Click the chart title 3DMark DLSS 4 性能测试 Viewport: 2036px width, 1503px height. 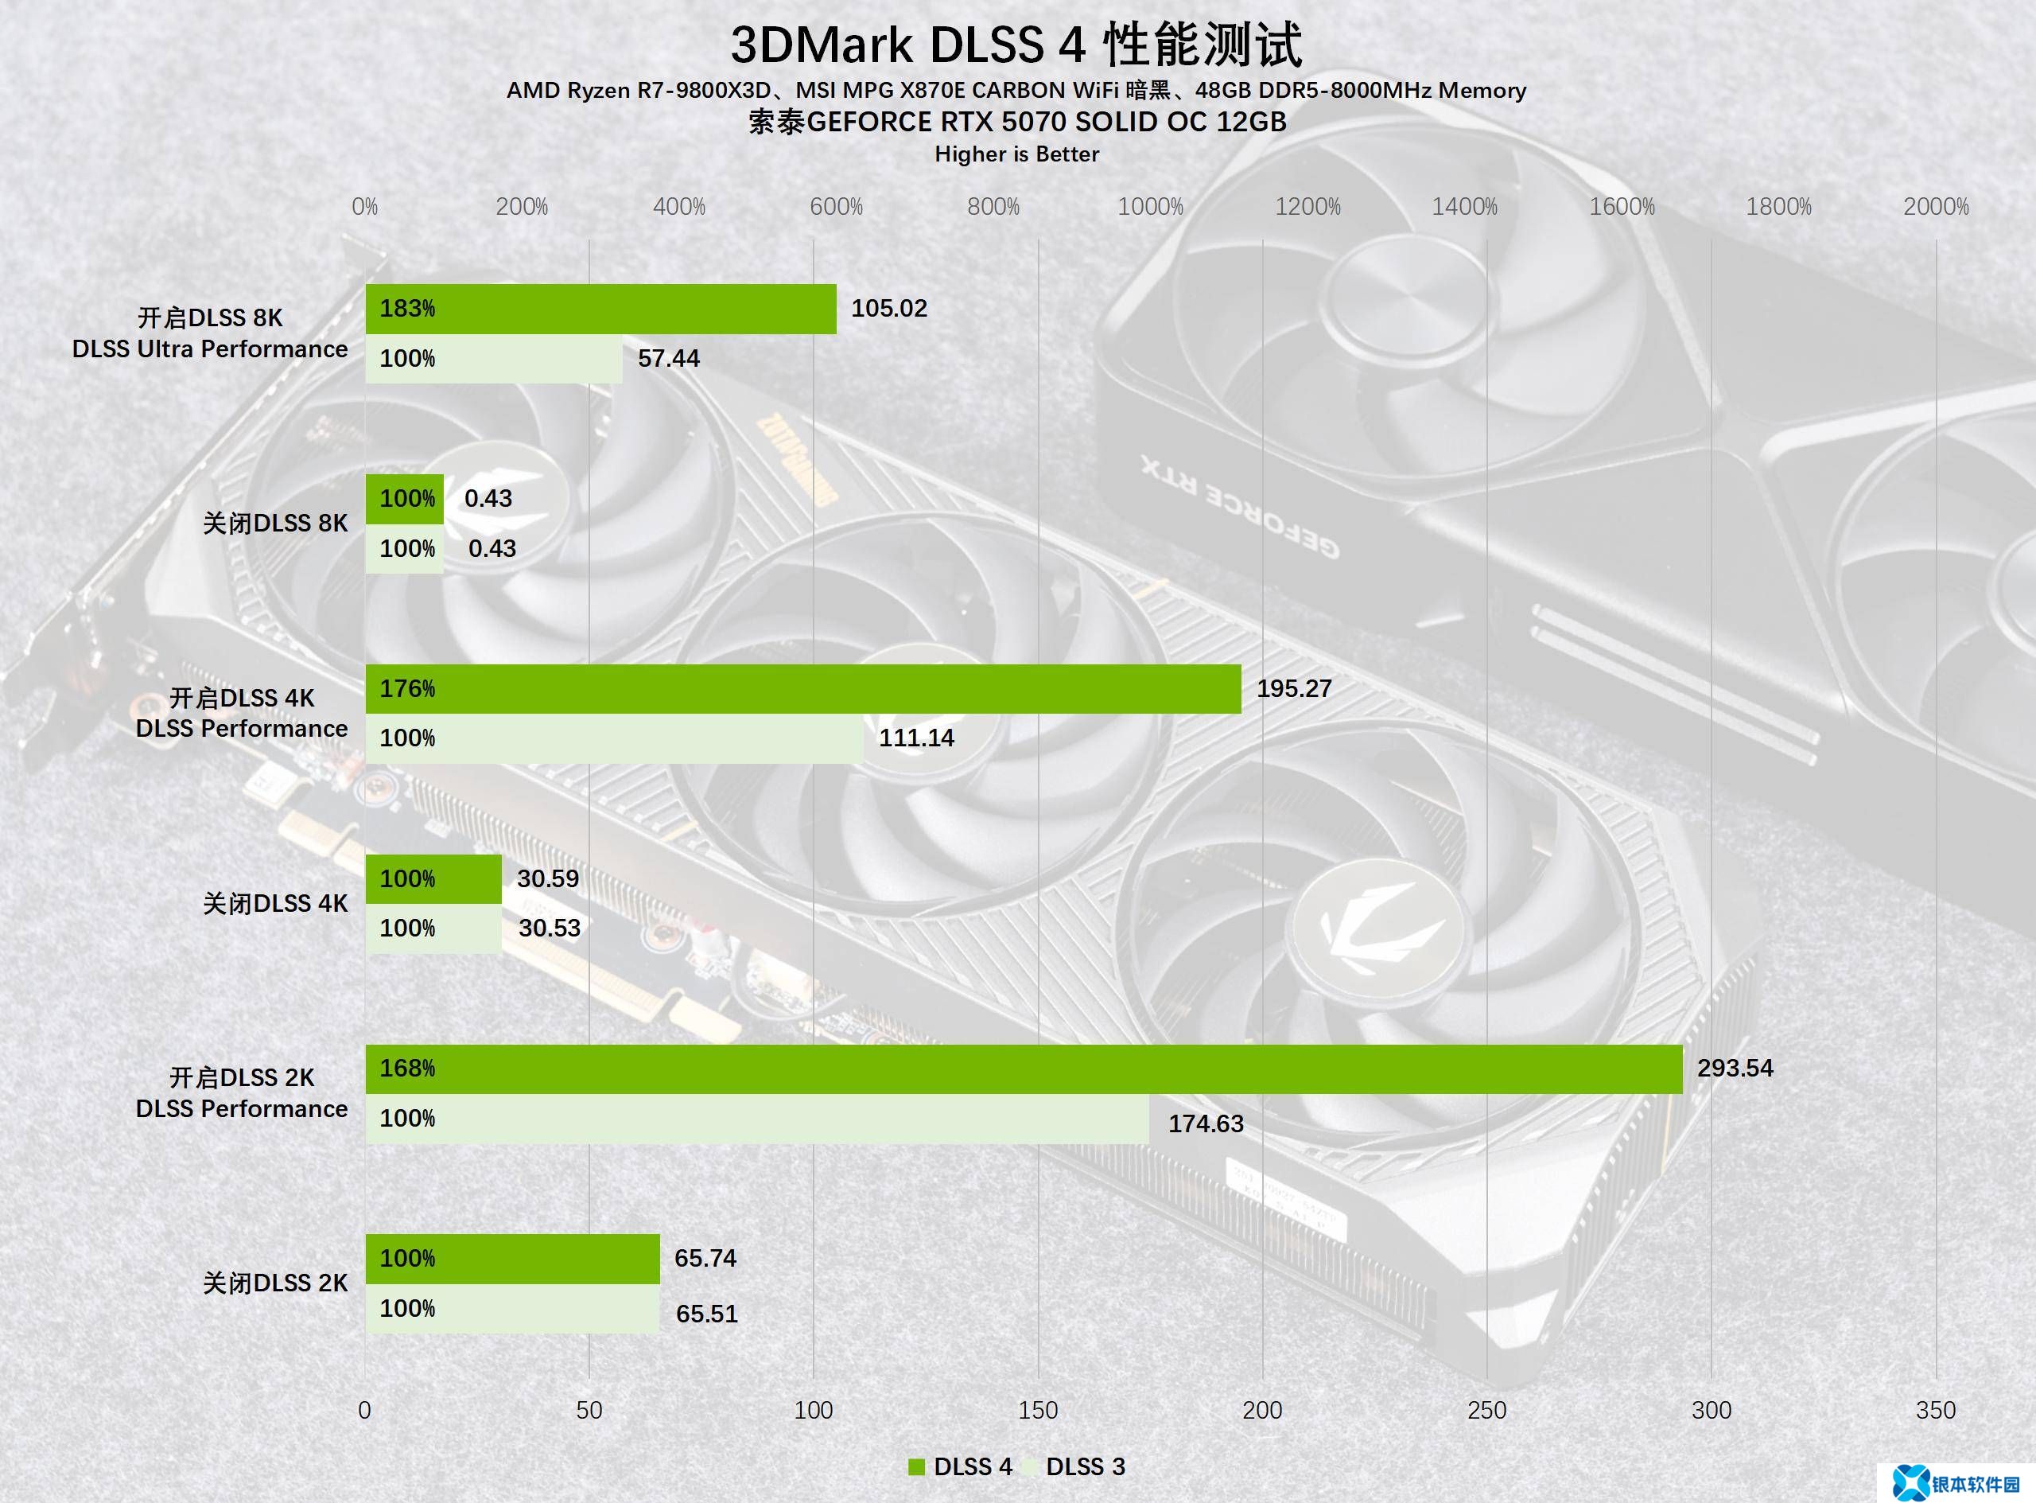coord(1016,45)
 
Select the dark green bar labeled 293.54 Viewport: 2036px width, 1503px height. coord(1023,1069)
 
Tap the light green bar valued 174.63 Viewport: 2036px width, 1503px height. coord(756,1119)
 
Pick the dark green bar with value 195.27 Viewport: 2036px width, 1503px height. coord(803,689)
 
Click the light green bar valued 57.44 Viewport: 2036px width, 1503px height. coord(494,359)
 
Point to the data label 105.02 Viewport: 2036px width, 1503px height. coord(888,309)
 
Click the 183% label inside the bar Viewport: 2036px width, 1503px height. coord(406,309)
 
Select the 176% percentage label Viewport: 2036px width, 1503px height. coord(406,689)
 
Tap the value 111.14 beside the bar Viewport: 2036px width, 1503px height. coord(915,738)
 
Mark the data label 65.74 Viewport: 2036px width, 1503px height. coord(705,1258)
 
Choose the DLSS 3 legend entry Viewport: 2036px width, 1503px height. coord(1074,1466)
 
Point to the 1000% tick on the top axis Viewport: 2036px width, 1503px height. coord(1150,208)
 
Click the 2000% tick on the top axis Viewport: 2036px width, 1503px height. coord(1935,208)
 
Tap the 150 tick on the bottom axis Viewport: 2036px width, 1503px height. coord(1038,1410)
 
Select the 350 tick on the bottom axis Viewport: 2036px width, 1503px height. coord(1935,1410)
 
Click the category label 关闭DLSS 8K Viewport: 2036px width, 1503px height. coord(274,523)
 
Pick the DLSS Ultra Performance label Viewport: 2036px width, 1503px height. coord(210,349)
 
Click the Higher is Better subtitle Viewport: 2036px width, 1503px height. coord(1016,154)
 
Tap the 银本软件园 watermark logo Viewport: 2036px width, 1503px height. coord(1960,1483)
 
